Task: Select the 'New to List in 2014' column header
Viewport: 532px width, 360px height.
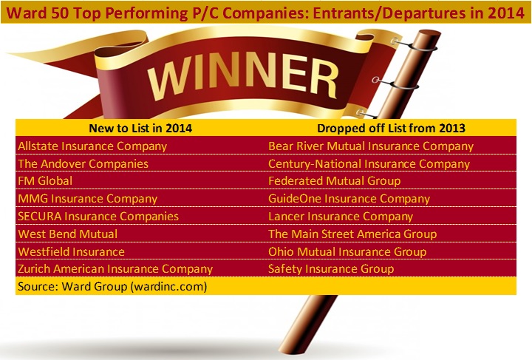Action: coord(140,129)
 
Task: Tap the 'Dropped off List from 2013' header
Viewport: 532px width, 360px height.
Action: coord(391,129)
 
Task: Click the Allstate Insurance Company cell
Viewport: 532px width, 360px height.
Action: coord(92,146)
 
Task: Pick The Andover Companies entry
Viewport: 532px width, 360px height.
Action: coord(83,164)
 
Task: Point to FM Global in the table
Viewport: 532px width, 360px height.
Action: coord(45,181)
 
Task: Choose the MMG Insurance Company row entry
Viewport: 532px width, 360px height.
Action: coord(87,199)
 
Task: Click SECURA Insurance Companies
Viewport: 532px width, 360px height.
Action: coord(98,217)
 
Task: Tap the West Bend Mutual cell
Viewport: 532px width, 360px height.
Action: coord(68,234)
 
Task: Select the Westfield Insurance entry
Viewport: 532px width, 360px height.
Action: coord(71,252)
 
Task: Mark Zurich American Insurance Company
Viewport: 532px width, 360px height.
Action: coord(115,269)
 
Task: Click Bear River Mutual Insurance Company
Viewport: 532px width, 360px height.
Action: coord(371,146)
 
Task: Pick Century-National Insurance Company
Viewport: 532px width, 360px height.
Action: coord(369,164)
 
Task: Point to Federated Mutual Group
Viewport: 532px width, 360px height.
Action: coord(335,181)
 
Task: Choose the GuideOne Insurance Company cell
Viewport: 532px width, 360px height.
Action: coord(349,199)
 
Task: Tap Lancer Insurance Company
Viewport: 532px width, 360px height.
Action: coord(341,217)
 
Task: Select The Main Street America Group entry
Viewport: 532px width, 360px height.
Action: coord(352,234)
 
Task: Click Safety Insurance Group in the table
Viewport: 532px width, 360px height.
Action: coord(331,269)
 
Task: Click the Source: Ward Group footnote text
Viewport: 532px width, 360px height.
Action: coord(112,287)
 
